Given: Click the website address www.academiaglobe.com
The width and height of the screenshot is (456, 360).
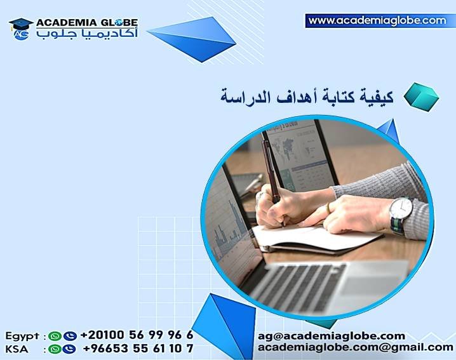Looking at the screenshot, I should pyautogui.click(x=377, y=21).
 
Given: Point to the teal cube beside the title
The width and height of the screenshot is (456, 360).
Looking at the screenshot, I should pyautogui.click(x=420, y=95).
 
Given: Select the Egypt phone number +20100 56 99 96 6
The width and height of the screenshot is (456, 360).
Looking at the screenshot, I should pyautogui.click(x=137, y=335).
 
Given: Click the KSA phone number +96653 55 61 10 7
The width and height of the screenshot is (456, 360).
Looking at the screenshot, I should pyautogui.click(x=137, y=349).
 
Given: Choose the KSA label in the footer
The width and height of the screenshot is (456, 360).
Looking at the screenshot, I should pyautogui.click(x=17, y=349).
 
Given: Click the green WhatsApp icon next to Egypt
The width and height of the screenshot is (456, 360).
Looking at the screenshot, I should pyautogui.click(x=56, y=336).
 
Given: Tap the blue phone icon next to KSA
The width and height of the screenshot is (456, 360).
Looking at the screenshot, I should pyautogui.click(x=69, y=349).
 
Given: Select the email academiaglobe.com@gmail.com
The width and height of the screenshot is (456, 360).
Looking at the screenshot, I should pyautogui.click(x=355, y=347).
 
